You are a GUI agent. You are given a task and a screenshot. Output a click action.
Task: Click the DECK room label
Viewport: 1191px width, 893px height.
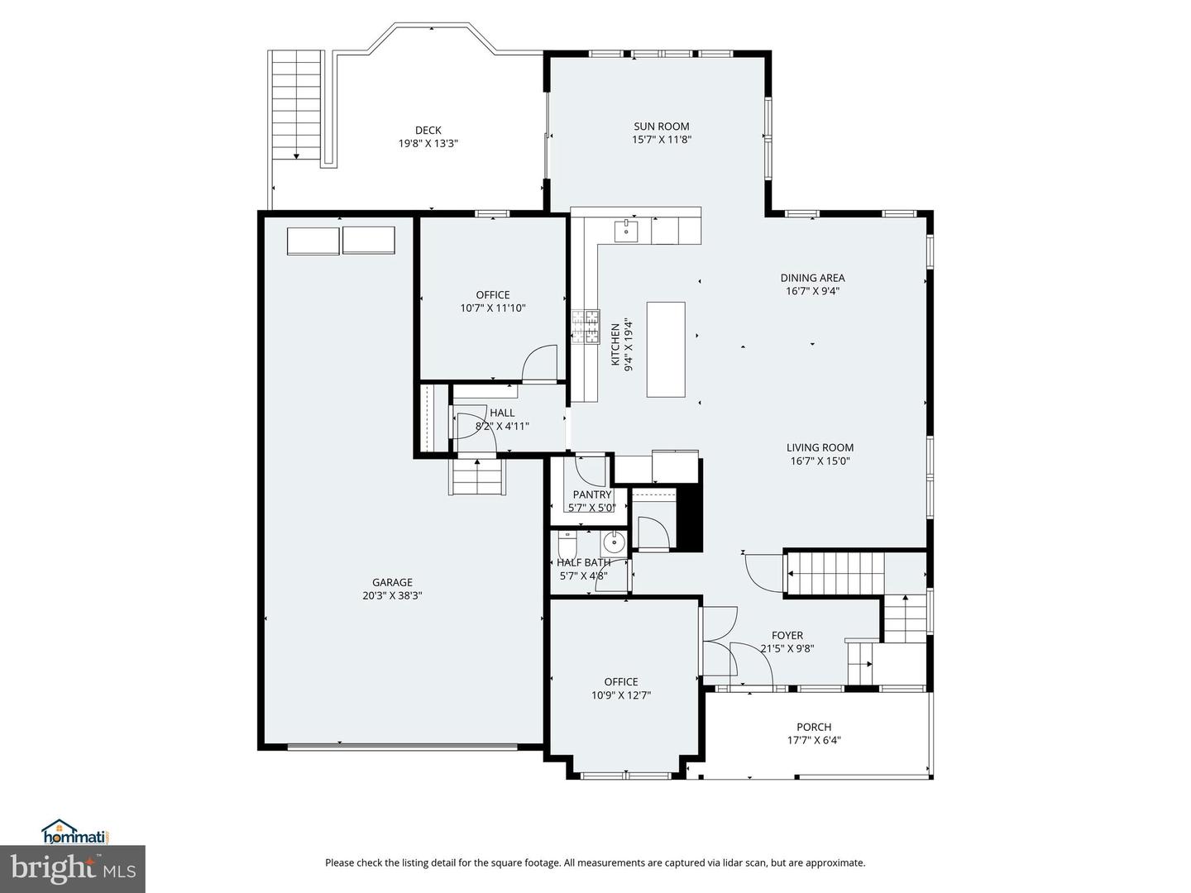point(428,130)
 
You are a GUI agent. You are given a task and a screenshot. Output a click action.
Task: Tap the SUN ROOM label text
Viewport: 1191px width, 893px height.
point(661,127)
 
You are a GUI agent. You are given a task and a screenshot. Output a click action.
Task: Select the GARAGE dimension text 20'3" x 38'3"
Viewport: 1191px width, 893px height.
point(392,595)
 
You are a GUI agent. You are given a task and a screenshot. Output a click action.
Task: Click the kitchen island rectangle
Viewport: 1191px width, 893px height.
point(666,349)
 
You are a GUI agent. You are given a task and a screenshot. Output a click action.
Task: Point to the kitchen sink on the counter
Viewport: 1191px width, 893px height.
point(626,229)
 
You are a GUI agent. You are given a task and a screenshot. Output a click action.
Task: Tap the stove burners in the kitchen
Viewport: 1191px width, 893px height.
point(586,326)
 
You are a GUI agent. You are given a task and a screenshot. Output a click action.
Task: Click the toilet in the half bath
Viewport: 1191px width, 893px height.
point(567,545)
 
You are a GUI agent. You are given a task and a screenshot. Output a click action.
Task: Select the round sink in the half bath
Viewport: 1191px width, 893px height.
point(614,543)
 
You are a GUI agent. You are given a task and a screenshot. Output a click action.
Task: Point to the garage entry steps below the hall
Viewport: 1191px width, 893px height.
point(476,477)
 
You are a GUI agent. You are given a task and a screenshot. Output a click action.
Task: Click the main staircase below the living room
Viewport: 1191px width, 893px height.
point(835,571)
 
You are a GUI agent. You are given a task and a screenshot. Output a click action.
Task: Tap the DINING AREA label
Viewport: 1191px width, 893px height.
point(812,278)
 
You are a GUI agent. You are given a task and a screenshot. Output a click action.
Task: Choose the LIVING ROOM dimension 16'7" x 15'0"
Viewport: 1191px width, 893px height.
point(820,461)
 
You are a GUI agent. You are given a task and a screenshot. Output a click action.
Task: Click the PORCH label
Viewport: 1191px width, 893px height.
point(814,727)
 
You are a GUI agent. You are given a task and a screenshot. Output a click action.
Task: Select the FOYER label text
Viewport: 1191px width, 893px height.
point(787,635)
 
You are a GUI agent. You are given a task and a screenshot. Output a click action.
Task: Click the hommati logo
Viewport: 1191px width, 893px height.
point(75,831)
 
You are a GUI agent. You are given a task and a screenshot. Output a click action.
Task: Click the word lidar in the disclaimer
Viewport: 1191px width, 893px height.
point(722,862)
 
